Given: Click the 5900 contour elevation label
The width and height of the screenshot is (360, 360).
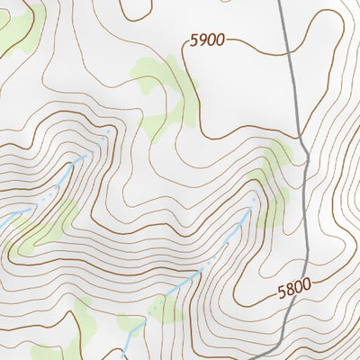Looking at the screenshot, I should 207,40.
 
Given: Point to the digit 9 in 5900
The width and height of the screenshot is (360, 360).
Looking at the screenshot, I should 202,40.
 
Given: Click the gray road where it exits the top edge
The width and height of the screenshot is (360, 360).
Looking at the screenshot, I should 279,2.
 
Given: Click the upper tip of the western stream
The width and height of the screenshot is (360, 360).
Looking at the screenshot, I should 110,132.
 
